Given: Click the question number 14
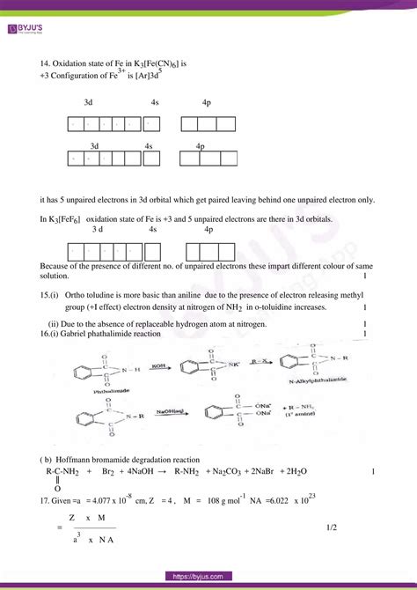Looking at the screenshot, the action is pos(46,64).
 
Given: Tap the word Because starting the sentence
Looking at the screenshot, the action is pos(59,265).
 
